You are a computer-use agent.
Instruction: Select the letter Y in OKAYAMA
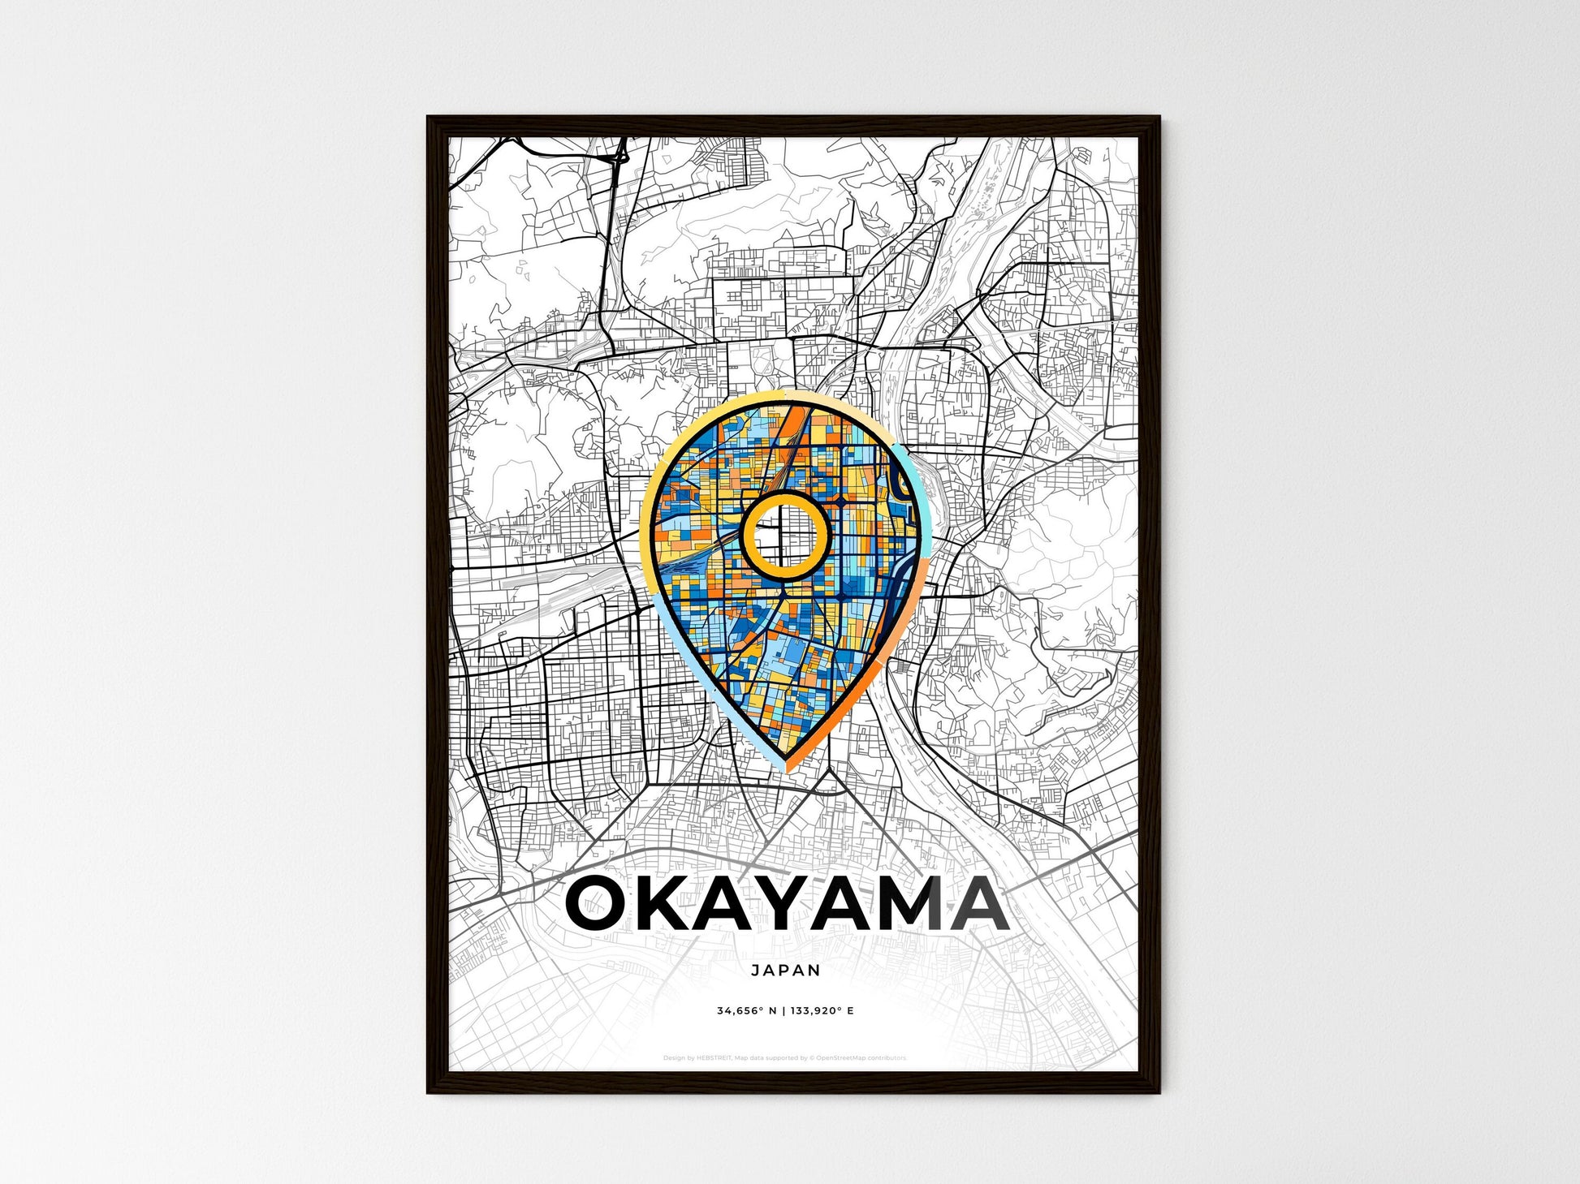800,905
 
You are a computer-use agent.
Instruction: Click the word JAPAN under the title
785,971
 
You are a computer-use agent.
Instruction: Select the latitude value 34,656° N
747,1011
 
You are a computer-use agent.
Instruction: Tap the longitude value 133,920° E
823,1011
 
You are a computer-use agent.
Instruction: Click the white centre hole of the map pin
784,536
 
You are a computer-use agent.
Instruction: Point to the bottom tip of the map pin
786,767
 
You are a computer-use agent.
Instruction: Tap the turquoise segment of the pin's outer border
916,479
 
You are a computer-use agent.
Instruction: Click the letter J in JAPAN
755,971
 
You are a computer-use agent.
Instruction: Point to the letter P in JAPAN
785,971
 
